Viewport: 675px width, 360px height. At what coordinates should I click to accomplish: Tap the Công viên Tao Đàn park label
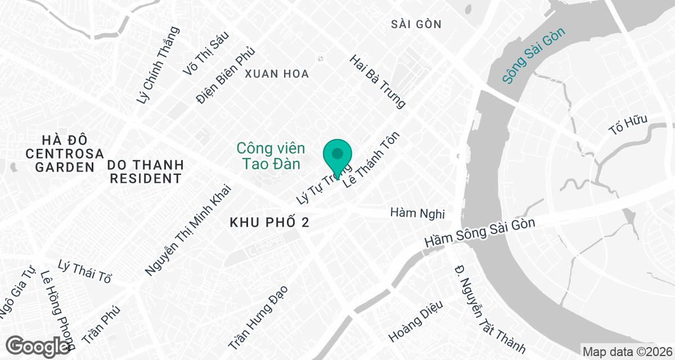271,156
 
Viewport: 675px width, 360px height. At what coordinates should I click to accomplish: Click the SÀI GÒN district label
416,24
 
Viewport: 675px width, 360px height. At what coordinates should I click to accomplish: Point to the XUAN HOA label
277,74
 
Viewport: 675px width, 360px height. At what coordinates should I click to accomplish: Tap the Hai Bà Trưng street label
377,82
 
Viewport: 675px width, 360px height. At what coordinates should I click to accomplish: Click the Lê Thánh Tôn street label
374,160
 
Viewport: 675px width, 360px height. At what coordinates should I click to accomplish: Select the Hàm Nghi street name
417,214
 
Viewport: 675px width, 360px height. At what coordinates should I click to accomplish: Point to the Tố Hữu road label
629,124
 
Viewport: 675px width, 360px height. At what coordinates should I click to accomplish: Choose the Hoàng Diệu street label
416,321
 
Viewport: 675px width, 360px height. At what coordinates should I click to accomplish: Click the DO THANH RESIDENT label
146,172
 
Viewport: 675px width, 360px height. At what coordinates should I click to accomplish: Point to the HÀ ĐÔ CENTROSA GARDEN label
65,153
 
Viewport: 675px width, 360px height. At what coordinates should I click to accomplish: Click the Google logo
38,346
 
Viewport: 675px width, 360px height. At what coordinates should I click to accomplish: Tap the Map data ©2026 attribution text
627,352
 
